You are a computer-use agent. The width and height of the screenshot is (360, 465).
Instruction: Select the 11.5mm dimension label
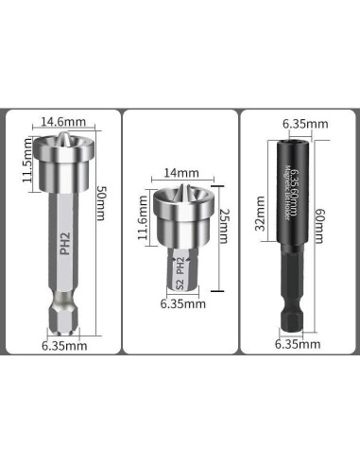click(x=27, y=163)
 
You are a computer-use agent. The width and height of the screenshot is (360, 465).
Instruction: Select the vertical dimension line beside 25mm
click(x=215, y=242)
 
